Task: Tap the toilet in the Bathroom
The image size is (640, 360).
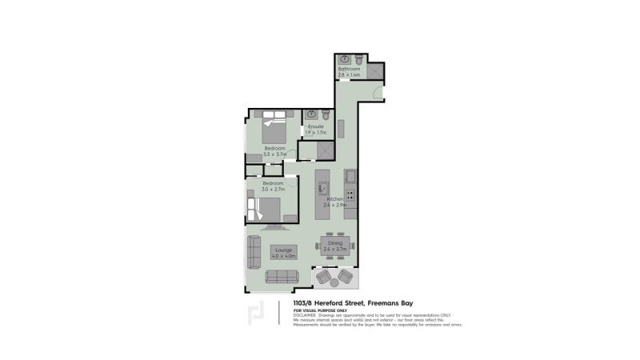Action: tap(360, 60)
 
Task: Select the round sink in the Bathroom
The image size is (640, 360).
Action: tap(344, 60)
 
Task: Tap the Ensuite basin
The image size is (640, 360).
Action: tap(311, 114)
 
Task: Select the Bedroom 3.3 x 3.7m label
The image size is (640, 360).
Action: tap(274, 151)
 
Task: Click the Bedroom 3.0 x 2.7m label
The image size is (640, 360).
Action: tap(274, 187)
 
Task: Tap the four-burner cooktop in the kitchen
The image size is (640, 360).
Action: tap(350, 194)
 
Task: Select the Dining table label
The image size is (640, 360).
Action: tap(334, 246)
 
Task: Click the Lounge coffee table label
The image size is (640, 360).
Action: tap(283, 254)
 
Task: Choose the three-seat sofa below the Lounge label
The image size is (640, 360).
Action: tap(281, 277)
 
